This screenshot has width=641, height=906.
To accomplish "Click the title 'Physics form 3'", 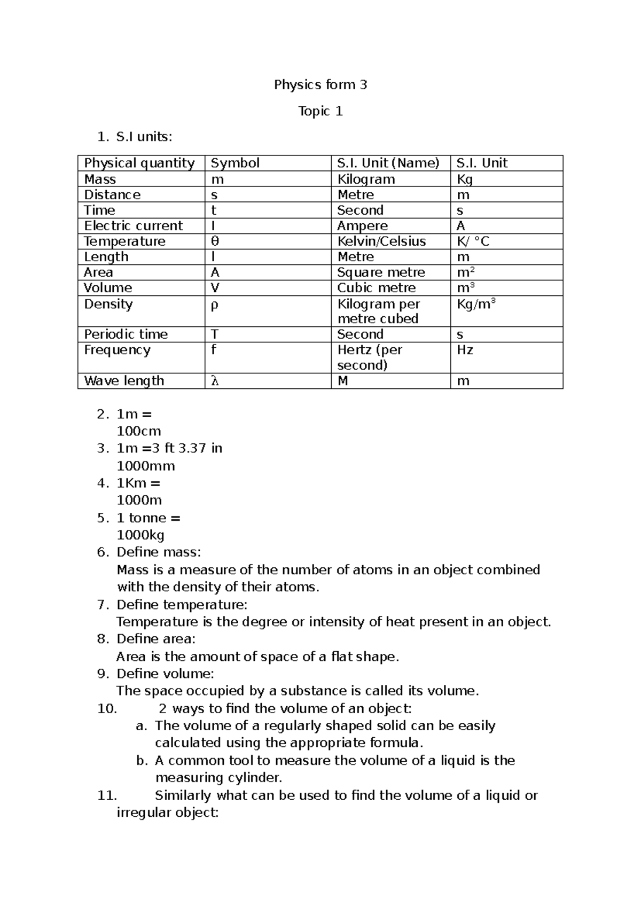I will pyautogui.click(x=320, y=84).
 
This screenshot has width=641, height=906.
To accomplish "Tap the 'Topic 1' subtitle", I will pyautogui.click(x=320, y=111).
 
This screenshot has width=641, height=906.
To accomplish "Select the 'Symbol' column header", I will pyautogui.click(x=235, y=163).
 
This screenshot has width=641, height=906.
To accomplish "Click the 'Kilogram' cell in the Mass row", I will pyautogui.click(x=366, y=179).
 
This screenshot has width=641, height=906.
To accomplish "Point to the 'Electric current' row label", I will pyautogui.click(x=133, y=225).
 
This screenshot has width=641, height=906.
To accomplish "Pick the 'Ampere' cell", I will pyautogui.click(x=362, y=225).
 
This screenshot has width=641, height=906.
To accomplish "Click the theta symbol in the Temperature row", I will pyautogui.click(x=215, y=241).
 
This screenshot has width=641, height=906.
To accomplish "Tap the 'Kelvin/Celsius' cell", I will pyautogui.click(x=381, y=241).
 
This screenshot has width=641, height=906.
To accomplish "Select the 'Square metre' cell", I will pyautogui.click(x=381, y=272).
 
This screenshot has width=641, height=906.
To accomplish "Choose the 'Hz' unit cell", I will pyautogui.click(x=465, y=350).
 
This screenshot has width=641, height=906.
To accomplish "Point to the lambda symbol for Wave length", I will pyautogui.click(x=214, y=381).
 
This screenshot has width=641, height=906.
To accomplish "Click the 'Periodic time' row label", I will pyautogui.click(x=126, y=334).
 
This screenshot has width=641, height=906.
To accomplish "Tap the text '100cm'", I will pyautogui.click(x=139, y=431).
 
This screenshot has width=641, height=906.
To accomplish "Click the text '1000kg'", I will pyautogui.click(x=140, y=535).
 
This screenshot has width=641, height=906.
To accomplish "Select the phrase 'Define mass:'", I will pyautogui.click(x=159, y=552).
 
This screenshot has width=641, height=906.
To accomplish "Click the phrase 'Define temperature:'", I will pyautogui.click(x=182, y=604).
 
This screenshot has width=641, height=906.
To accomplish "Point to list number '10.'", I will pyautogui.click(x=107, y=708).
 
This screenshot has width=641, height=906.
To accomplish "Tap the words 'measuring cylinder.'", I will pyautogui.click(x=218, y=777).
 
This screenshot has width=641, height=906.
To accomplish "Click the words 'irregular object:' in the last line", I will pyautogui.click(x=168, y=813).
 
